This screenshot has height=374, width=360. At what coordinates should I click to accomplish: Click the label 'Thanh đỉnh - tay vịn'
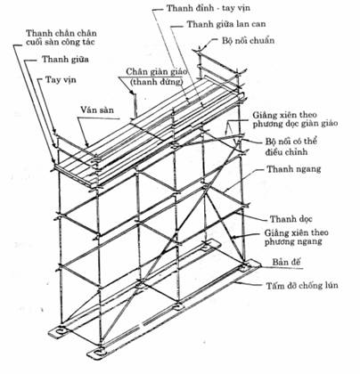point(208,8)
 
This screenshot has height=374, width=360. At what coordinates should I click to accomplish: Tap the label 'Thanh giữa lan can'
point(226,24)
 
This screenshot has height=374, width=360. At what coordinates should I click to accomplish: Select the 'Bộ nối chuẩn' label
point(248,40)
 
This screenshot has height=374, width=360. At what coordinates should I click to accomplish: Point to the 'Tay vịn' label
point(61,79)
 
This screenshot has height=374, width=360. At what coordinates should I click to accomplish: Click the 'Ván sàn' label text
point(97,110)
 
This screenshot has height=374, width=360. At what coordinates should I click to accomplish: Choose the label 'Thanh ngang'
point(294,169)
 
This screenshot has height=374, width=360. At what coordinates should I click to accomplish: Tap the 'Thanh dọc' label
point(291,219)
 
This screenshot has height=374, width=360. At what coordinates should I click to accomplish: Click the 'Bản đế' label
point(287,262)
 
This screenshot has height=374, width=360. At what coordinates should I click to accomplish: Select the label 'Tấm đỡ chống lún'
point(302,286)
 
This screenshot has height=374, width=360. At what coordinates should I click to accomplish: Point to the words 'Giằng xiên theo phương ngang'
point(296,237)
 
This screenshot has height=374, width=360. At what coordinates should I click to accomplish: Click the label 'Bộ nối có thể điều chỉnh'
point(290,146)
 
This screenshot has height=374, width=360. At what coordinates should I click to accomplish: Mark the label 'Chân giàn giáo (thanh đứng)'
point(157,77)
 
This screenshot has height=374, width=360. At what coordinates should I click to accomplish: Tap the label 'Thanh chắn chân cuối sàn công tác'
point(61,37)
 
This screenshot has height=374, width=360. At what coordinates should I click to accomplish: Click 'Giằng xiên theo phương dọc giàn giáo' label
point(295,119)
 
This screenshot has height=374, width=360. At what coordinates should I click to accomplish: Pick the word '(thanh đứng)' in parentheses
point(157,82)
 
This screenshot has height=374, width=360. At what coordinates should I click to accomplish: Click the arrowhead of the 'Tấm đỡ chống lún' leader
point(234,282)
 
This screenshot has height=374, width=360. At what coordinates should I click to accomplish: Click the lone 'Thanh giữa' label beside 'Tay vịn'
point(65,59)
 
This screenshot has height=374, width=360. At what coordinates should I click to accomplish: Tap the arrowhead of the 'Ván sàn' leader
point(88,146)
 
